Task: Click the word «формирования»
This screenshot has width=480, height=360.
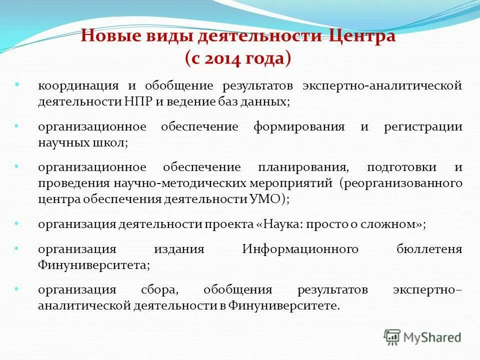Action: point(298,126)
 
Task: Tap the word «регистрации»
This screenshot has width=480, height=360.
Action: point(423,126)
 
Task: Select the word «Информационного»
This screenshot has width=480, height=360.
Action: point(300,249)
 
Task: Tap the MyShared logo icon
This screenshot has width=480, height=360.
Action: point(392,337)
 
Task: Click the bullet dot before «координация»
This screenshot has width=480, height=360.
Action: point(17,84)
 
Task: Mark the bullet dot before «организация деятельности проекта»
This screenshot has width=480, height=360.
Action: point(17,222)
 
